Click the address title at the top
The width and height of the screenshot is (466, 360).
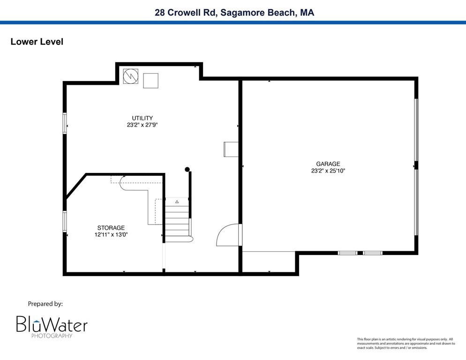click(x=234, y=13)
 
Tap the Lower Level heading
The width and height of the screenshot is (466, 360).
click(x=37, y=42)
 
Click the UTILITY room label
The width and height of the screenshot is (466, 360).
click(x=142, y=118)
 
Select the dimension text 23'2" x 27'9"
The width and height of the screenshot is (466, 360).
click(x=142, y=125)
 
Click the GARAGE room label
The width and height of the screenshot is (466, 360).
click(x=328, y=164)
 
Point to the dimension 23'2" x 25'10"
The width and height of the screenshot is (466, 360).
click(x=328, y=171)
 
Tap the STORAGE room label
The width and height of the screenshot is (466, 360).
click(x=111, y=228)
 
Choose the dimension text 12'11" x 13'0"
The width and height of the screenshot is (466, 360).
click(x=111, y=235)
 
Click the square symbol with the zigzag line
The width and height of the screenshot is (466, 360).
click(x=131, y=76)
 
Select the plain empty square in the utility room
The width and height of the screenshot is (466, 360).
click(x=151, y=81)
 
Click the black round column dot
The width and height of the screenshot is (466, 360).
click(x=187, y=169)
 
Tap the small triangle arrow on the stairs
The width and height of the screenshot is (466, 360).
click(x=177, y=202)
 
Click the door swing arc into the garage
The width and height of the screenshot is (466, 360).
click(x=227, y=235)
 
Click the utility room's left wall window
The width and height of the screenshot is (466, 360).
click(x=65, y=123)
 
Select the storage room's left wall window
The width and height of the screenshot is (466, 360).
click(x=65, y=222)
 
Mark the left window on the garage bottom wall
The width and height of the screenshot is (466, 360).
click(x=347, y=253)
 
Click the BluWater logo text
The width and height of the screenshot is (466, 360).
click(x=52, y=324)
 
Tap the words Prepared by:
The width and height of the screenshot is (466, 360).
click(x=45, y=304)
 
